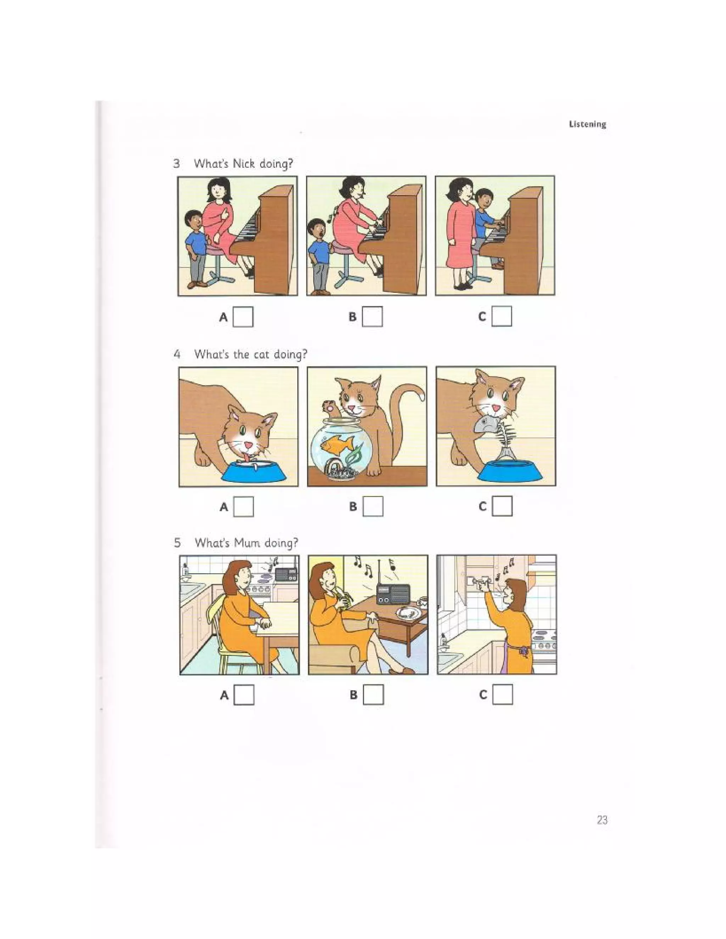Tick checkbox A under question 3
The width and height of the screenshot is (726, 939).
243,317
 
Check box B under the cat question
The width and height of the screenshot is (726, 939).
373,506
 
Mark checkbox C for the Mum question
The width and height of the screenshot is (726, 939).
503,695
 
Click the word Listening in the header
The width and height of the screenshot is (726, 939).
587,124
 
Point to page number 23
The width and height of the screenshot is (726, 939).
602,820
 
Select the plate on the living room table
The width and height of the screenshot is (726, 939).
407,612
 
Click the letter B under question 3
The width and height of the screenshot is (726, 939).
353,317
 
